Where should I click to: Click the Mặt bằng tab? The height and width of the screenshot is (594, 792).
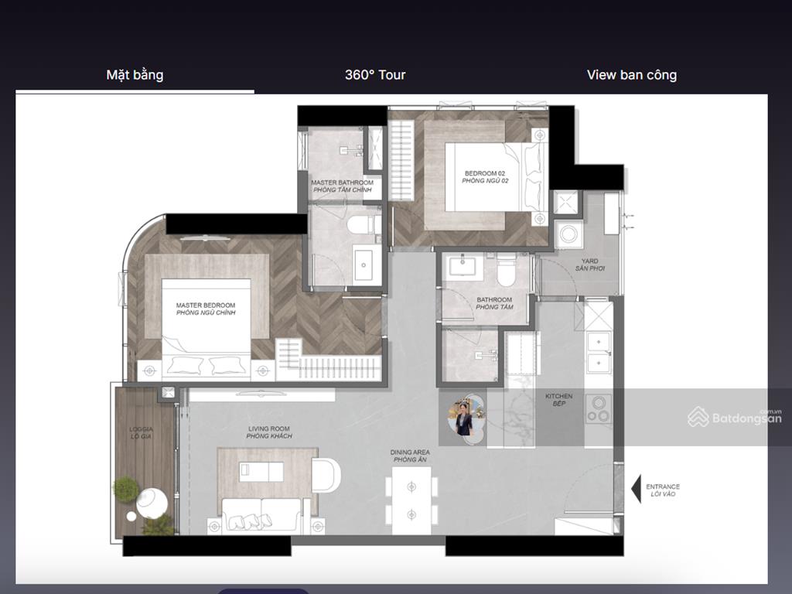click(x=135, y=75)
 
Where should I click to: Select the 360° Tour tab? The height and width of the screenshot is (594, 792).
click(x=375, y=75)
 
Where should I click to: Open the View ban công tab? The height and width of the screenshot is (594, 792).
click(x=632, y=75)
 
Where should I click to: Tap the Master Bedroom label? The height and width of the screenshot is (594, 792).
click(x=206, y=309)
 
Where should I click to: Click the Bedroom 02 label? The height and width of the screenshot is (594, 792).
click(x=485, y=177)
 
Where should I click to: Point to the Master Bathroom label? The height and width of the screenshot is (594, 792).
click(x=342, y=186)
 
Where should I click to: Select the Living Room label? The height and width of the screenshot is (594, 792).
click(x=269, y=432)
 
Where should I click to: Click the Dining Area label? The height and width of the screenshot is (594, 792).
click(x=410, y=456)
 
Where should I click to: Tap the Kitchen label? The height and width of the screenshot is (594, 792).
click(x=558, y=400)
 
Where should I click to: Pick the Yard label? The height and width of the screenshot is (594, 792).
click(x=590, y=265)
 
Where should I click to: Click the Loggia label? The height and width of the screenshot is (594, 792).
click(x=141, y=433)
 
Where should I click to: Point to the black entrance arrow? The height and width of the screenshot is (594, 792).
click(x=637, y=489)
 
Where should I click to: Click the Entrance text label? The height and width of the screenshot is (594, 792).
click(x=663, y=490)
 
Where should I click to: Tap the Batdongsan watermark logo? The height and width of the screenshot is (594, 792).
click(x=735, y=417)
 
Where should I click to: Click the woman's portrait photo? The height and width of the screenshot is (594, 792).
click(x=464, y=417)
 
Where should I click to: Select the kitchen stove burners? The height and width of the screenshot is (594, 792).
click(x=599, y=408)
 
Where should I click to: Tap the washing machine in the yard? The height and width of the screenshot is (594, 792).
click(x=568, y=234)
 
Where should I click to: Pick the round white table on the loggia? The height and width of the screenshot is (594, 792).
click(x=152, y=503)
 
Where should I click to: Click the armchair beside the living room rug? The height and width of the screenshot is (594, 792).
click(x=326, y=474)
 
